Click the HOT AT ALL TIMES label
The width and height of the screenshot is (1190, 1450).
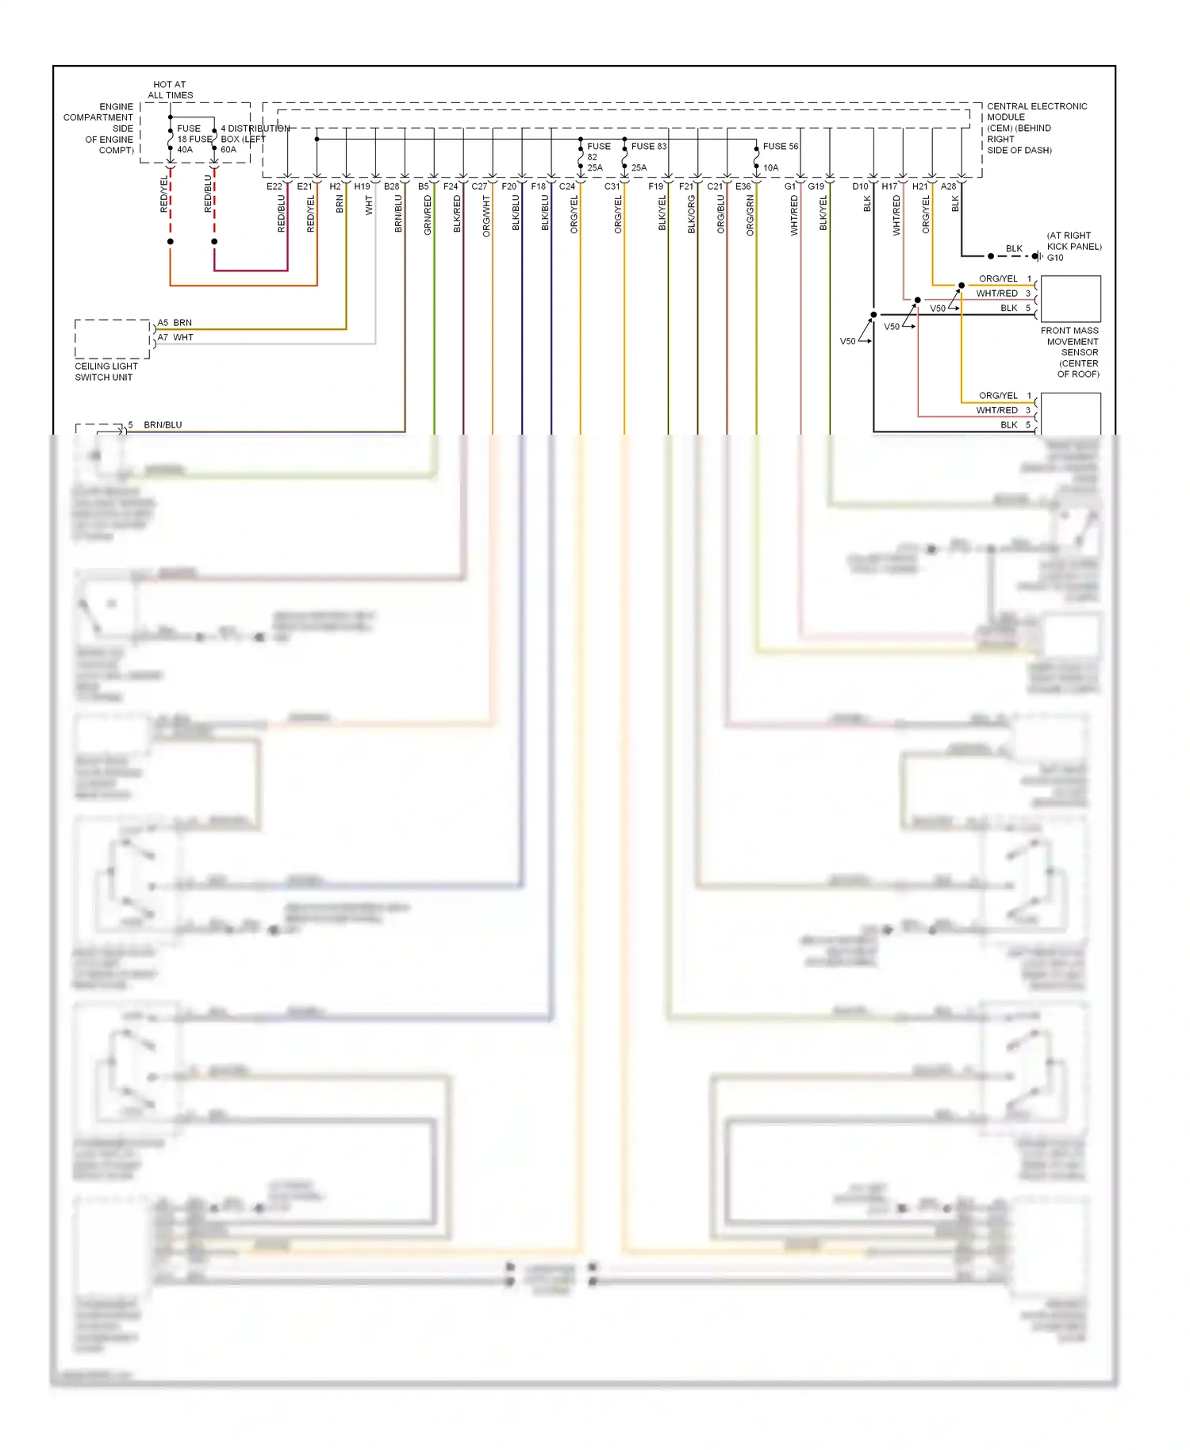[170, 90]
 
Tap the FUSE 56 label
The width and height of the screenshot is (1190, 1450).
[780, 146]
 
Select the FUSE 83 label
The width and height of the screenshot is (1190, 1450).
[648, 146]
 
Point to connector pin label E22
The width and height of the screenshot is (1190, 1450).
[274, 186]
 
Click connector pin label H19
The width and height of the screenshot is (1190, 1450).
[362, 186]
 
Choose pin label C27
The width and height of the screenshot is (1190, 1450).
[479, 186]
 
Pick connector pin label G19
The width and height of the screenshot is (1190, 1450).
[816, 186]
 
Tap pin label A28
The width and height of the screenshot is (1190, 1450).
[948, 186]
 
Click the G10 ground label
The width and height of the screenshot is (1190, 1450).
[1055, 258]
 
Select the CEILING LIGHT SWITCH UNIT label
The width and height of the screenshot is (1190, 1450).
[106, 372]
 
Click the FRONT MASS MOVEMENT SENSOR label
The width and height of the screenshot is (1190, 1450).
[1070, 352]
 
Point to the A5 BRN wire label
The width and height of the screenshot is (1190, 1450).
[175, 323]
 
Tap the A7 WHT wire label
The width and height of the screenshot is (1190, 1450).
[175, 337]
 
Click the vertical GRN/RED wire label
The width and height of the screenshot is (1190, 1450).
[428, 215]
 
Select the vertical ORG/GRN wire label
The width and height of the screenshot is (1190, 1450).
[750, 216]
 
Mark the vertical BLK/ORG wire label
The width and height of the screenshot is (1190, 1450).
[691, 215]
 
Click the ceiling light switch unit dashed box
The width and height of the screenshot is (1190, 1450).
[112, 339]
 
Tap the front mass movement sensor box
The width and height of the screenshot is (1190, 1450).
[1070, 298]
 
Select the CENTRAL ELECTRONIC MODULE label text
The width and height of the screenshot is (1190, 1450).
[1036, 106]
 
